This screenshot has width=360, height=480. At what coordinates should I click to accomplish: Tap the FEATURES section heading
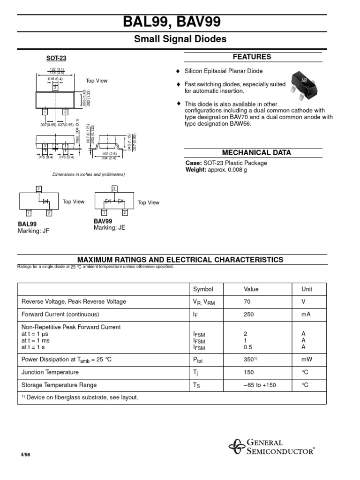point(252,57)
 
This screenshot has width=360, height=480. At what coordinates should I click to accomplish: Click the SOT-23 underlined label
point(56,59)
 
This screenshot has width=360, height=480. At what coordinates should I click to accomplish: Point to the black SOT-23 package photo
point(300,83)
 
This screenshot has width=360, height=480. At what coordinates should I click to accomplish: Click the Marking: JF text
point(33,231)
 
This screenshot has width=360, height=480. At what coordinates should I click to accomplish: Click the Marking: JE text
point(110,228)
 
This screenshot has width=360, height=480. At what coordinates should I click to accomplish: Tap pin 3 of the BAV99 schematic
point(114,188)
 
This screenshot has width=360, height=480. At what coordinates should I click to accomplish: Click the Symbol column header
point(203,289)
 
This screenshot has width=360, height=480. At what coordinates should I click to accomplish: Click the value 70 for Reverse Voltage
point(247,302)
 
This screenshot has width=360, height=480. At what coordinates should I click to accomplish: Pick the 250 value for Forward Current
point(248,315)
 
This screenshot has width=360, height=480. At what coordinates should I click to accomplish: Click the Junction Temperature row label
point(50,372)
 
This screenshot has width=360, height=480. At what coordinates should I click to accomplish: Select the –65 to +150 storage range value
point(259,385)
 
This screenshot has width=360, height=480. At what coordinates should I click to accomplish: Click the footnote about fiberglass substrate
point(80,397)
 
